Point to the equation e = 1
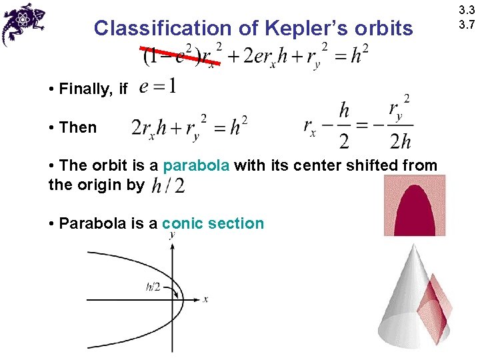[159, 87]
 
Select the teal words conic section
[213, 223]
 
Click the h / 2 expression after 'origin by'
[168, 185]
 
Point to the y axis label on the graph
[173, 235]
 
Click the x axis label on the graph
[205, 299]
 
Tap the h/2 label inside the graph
[153, 287]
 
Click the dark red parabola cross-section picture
[415, 205]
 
